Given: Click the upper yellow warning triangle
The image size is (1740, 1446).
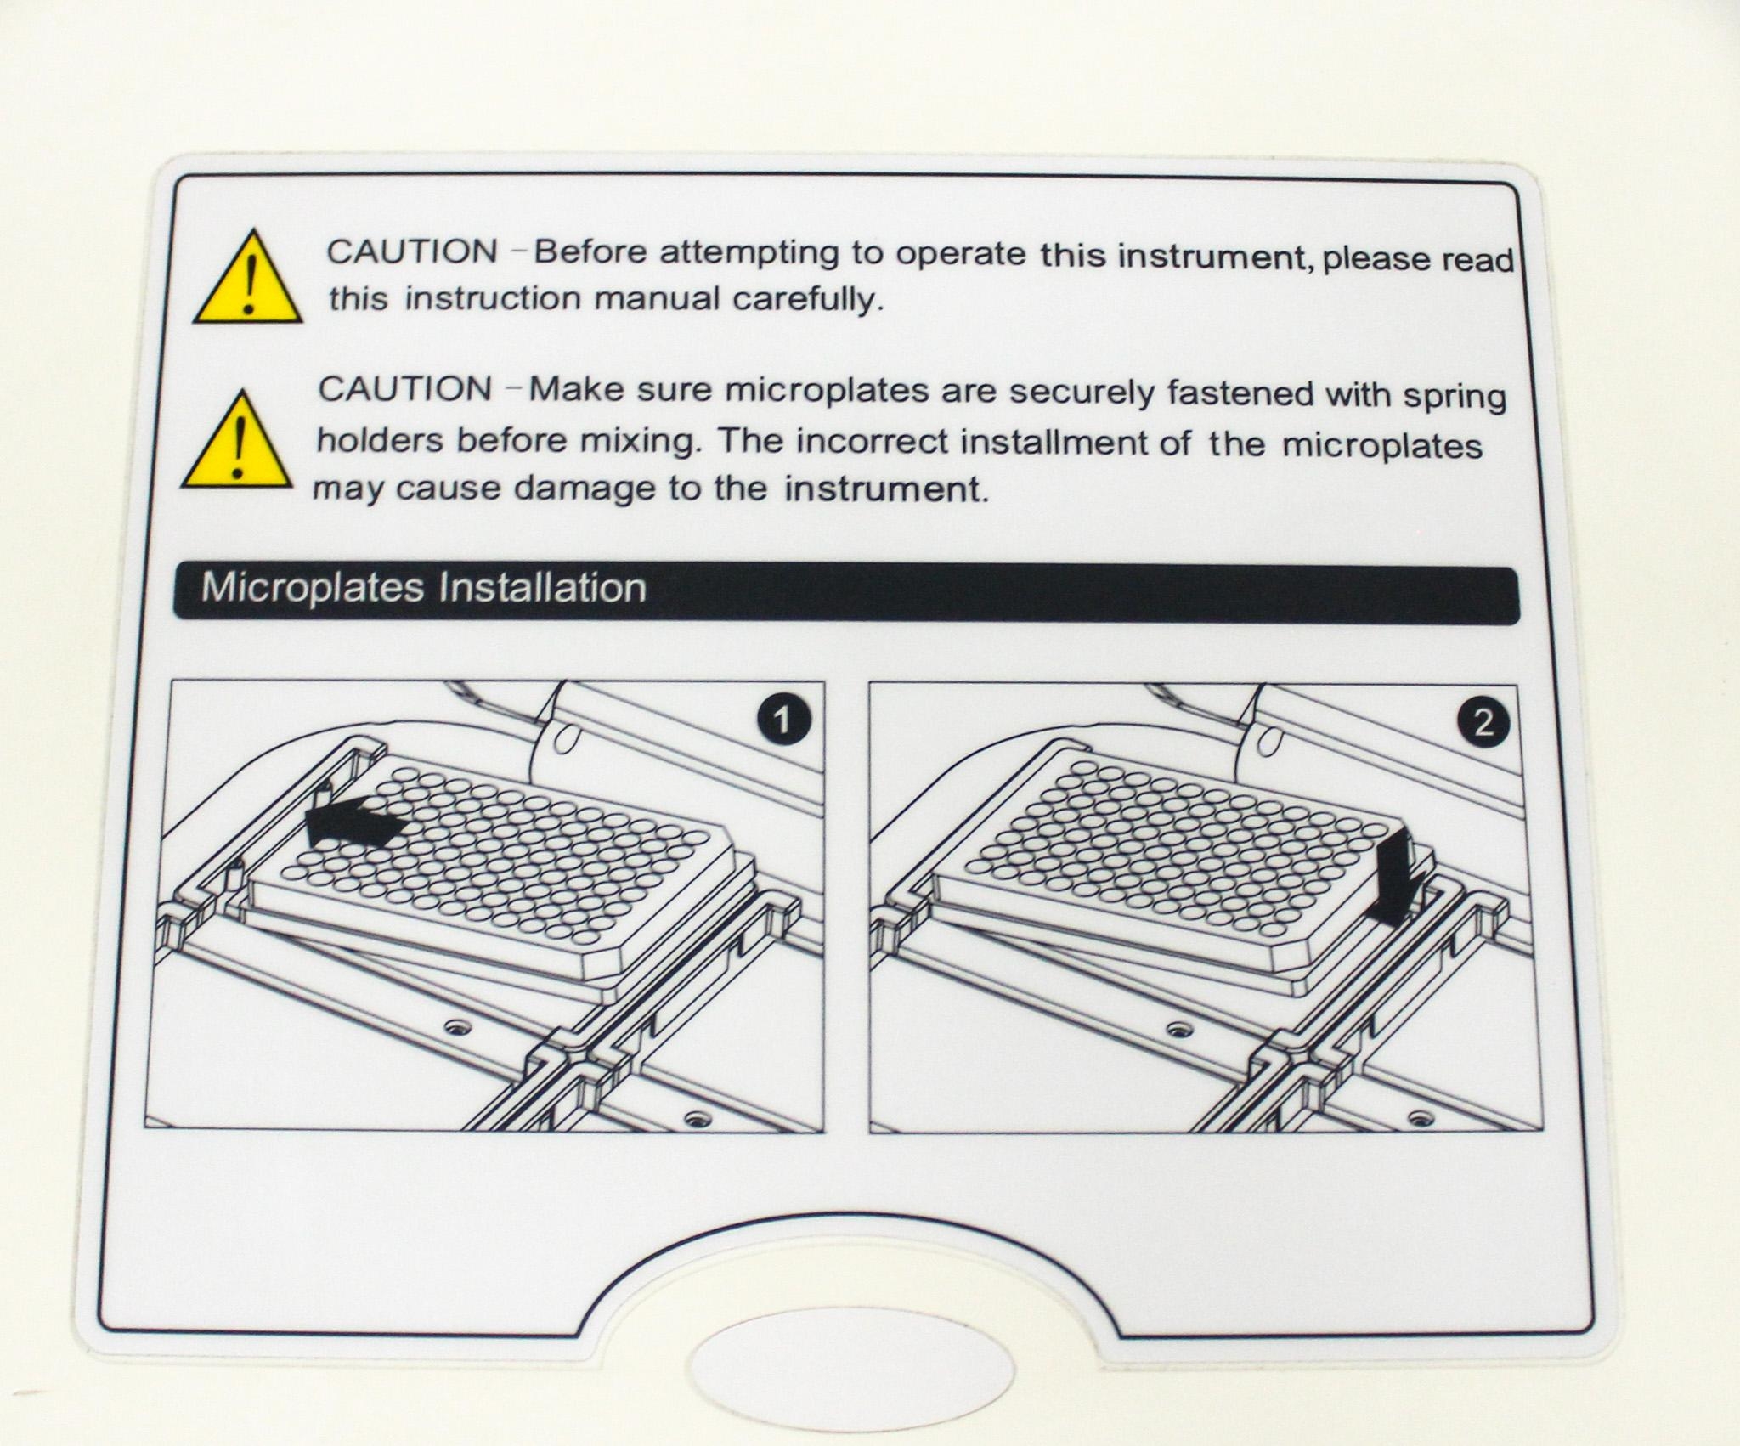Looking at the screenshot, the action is click(x=248, y=280).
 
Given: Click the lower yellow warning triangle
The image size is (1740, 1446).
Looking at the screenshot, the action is click(x=236, y=443).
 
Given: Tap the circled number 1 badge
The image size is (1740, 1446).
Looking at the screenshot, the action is click(x=782, y=722).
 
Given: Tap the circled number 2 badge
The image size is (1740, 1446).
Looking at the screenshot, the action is click(x=1483, y=723).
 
